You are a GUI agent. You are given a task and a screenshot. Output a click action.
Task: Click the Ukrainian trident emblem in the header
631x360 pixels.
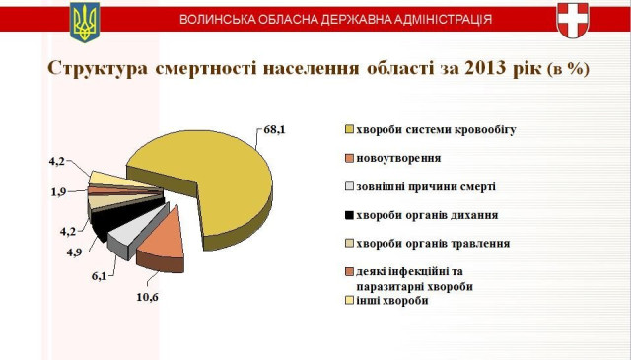pos(85,21)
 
